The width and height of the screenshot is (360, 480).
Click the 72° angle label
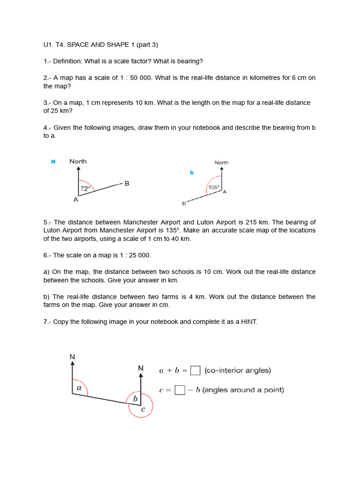tap(85, 189)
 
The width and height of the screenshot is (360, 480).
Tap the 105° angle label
tap(213, 187)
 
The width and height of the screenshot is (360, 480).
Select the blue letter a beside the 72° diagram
tap(53, 161)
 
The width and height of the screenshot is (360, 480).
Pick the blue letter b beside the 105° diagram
tap(192, 172)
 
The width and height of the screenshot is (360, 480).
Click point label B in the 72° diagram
tap(127, 183)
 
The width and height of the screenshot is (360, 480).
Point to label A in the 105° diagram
tap(225, 192)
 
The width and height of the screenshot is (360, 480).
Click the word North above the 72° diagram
tap(78, 161)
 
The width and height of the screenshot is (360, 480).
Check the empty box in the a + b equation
tap(195, 370)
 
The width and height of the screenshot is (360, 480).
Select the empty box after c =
tap(179, 390)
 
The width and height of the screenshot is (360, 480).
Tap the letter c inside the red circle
tap(143, 409)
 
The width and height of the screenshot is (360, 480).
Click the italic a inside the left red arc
tap(79, 388)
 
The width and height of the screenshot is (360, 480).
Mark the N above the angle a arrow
tap(72, 357)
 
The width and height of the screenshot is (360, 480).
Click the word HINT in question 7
tap(248, 322)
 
